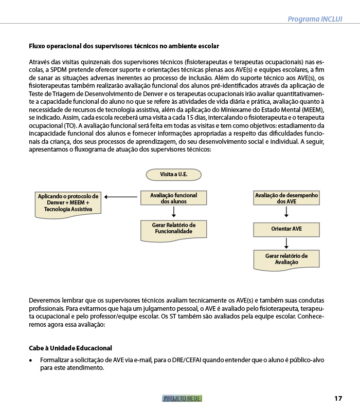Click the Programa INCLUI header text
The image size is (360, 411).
[x=315, y=19]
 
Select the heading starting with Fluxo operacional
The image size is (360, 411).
[x=124, y=46]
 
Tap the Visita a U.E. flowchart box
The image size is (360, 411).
[x=173, y=175]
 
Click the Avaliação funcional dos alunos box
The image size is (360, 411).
[x=173, y=198]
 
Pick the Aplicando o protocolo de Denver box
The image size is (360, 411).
[x=68, y=203]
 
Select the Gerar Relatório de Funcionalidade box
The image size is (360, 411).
[x=173, y=229]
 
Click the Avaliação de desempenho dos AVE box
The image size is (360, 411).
[x=286, y=198]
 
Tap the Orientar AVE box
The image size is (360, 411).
[x=286, y=229]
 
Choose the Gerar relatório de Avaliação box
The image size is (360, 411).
[x=286, y=259]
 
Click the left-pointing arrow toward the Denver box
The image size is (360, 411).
[x=120, y=197]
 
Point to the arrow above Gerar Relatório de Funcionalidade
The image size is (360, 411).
[x=174, y=212]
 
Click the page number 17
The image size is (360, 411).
[x=338, y=398]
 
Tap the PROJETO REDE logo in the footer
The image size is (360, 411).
[x=182, y=398]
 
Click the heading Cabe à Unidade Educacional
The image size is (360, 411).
[x=70, y=348]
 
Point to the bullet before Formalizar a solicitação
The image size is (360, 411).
[x=31, y=360]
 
